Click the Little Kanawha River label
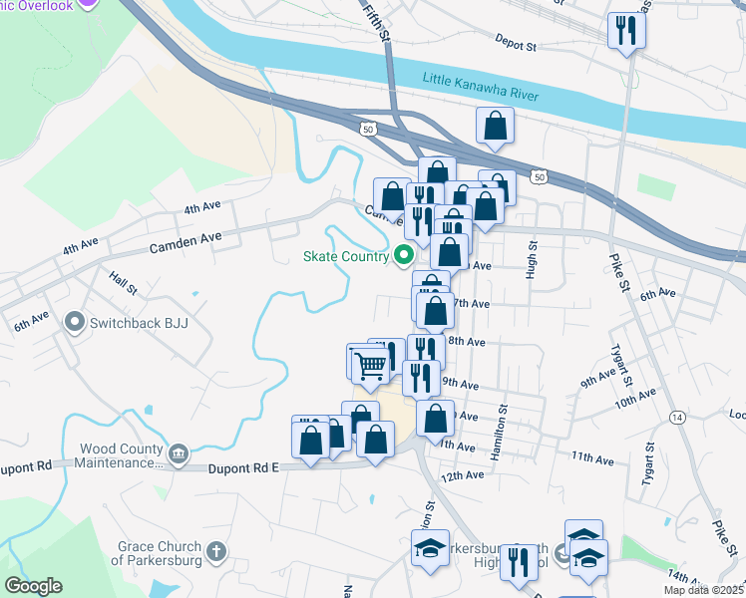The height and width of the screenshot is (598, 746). (480, 87)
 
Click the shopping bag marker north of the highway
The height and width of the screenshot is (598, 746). (495, 127)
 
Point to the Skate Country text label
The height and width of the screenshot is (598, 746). (346, 256)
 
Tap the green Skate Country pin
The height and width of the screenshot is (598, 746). (405, 256)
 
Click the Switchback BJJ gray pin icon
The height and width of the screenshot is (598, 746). (75, 323)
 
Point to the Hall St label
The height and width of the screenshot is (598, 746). (124, 285)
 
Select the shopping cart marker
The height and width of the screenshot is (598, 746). (370, 365)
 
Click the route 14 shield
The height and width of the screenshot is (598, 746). (677, 416)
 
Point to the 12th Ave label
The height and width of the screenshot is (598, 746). (463, 475)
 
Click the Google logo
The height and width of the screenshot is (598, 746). (33, 586)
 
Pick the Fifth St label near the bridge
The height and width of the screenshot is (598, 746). (376, 20)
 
